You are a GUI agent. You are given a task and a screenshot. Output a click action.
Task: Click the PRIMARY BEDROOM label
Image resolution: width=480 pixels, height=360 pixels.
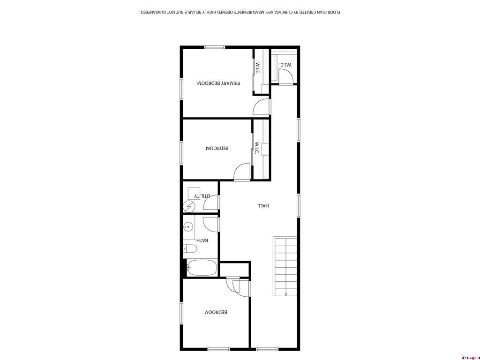click(218, 83)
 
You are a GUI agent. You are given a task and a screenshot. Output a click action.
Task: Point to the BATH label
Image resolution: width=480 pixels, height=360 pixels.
click(202, 241)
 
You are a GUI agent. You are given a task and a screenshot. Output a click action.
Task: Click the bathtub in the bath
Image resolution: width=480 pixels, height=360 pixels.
click(202, 269)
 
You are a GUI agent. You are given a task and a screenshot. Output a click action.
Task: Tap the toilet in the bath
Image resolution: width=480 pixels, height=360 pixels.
click(190, 249)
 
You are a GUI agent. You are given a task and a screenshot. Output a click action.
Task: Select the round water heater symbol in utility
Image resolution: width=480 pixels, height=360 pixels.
click(190, 206)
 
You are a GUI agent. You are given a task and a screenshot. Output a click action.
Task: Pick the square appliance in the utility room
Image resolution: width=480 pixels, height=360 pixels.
click(193, 193)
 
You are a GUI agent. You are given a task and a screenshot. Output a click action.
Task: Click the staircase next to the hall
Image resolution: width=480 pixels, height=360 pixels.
click(285, 266)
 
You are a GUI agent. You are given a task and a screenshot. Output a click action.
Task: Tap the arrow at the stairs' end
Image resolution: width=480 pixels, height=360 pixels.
click(286, 294)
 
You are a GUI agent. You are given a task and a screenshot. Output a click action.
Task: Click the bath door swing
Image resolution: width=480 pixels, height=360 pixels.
click(211, 223)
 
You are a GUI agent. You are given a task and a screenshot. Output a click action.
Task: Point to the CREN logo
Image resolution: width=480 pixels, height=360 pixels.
click(470, 357)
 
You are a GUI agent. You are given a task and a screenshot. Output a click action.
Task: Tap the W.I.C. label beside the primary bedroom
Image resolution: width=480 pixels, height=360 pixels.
click(257, 68)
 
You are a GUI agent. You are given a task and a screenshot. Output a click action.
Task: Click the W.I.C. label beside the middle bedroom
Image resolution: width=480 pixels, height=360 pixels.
click(257, 149)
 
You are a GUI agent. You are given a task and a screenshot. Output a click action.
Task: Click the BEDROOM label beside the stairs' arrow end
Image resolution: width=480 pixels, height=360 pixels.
click(216, 313)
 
